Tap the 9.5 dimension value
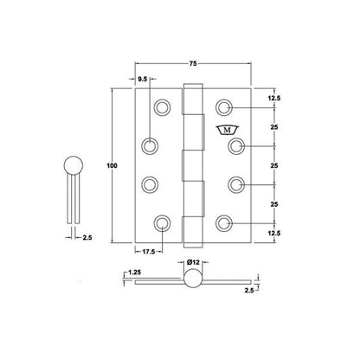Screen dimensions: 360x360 (x=144, y=78)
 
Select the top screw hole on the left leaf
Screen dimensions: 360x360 (x=162, y=107)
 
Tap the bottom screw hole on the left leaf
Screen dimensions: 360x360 (x=162, y=224)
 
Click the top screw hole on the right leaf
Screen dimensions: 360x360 (x=224, y=107)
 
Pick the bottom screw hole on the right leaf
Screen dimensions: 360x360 (x=224, y=224)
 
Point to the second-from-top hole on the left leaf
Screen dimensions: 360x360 (x=151, y=146)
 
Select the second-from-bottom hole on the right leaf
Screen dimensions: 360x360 (x=235, y=185)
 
